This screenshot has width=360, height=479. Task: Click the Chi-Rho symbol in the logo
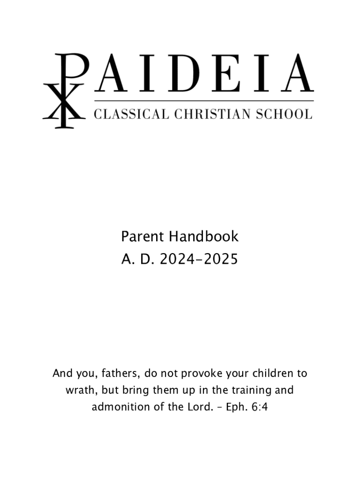(x=65, y=91)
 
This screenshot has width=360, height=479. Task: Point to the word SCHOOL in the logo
(x=283, y=114)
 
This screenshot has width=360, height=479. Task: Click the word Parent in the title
(x=143, y=237)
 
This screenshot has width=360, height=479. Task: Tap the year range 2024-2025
(x=199, y=259)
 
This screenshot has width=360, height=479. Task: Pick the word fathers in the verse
(x=119, y=374)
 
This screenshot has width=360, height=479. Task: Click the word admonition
(x=118, y=407)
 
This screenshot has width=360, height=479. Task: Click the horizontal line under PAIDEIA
(x=204, y=101)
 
